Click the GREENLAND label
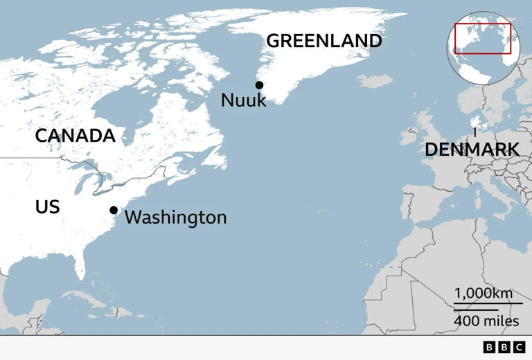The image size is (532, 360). [323, 41]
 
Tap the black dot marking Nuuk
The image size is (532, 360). [259, 85]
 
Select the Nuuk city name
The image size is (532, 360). [243, 100]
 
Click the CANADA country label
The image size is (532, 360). [75, 136]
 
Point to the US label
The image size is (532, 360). [47, 207]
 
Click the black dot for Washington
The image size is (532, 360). [113, 210]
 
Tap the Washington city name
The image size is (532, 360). [175, 217]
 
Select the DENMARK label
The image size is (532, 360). [472, 149]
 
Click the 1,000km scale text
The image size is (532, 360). [484, 293]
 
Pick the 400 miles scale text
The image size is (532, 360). [486, 321]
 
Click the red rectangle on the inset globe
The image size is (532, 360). [483, 38]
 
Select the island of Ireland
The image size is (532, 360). [407, 133]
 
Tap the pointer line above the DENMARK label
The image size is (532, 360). [475, 132]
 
